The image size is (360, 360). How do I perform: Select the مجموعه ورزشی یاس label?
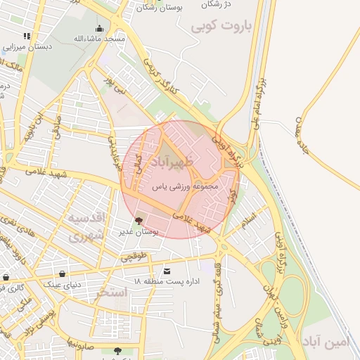(185, 188)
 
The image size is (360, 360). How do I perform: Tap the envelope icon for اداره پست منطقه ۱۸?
(167, 271)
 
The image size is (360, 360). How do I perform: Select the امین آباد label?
(331, 342)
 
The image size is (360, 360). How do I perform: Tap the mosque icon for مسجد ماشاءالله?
(98, 29)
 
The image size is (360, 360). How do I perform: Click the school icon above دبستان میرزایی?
(27, 36)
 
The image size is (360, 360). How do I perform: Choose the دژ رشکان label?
(217, 4)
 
